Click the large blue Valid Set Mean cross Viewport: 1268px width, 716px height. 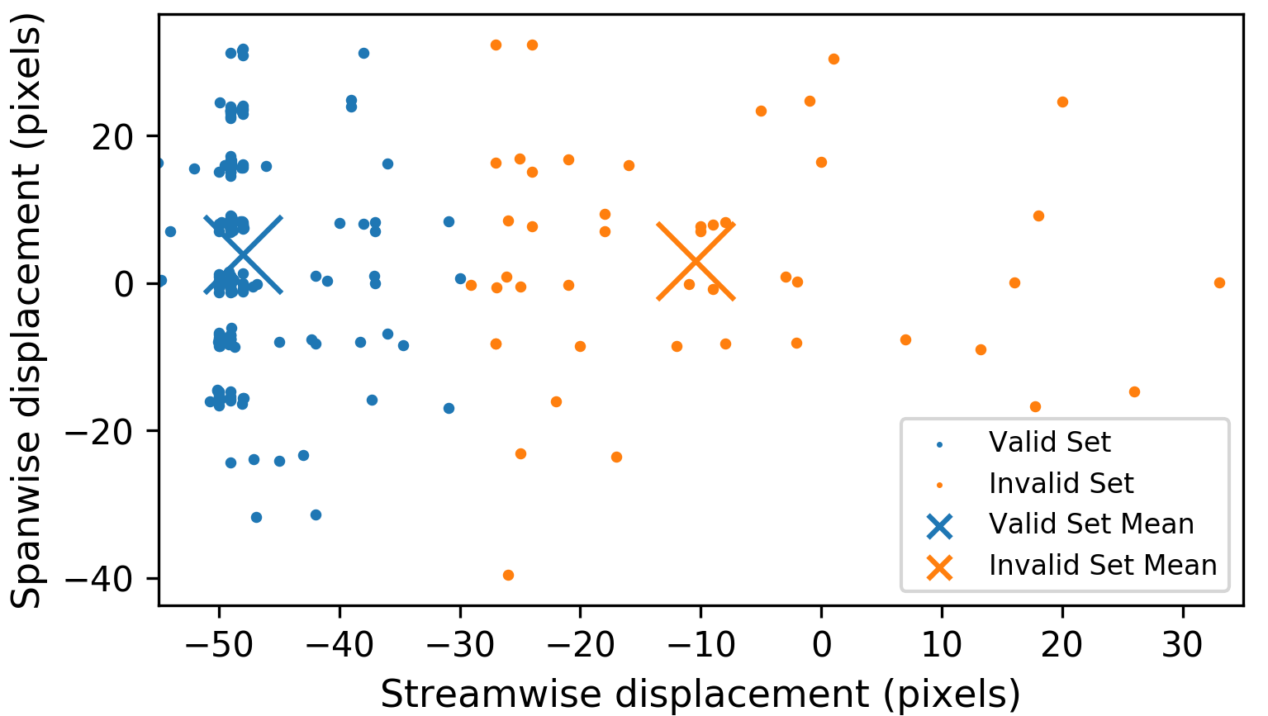point(244,254)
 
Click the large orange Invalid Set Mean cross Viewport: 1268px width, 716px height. point(696,261)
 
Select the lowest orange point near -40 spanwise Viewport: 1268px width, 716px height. point(508,575)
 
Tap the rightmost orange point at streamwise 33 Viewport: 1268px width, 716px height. point(1219,282)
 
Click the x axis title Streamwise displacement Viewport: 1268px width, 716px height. point(700,694)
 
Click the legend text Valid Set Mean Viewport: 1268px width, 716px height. point(1091,524)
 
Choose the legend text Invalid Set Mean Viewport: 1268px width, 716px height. point(1103,565)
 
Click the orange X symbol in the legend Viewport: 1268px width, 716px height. point(940,567)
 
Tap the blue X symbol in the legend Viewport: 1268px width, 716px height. point(940,525)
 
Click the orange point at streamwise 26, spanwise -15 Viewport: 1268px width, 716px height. point(1134,391)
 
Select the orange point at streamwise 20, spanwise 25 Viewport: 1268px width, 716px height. point(1062,102)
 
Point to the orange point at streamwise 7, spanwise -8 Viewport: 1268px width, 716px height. point(905,339)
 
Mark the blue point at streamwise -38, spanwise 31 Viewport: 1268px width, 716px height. point(363,53)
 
